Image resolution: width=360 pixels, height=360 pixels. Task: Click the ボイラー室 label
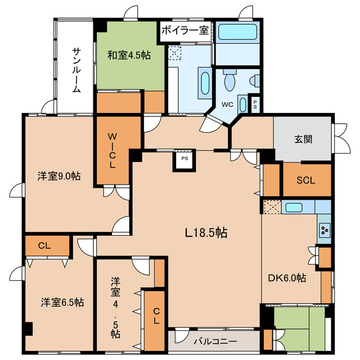click(185, 30)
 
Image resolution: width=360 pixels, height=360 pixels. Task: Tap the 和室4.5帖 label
click(129, 55)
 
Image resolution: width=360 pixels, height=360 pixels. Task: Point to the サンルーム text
click(76, 70)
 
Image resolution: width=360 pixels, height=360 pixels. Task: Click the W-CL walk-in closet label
click(112, 151)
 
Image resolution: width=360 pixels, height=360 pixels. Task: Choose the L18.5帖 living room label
click(206, 232)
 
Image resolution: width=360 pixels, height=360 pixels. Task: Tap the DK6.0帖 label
click(287, 277)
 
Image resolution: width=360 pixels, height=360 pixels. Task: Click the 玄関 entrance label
click(303, 139)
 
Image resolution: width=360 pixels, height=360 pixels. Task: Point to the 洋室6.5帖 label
click(62, 302)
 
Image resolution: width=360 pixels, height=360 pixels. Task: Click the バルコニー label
click(215, 341)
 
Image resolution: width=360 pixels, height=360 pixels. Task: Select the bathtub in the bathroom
click(237, 32)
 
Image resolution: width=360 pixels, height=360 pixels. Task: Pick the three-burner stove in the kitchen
click(325, 229)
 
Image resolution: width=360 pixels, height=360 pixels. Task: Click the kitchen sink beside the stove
click(293, 207)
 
